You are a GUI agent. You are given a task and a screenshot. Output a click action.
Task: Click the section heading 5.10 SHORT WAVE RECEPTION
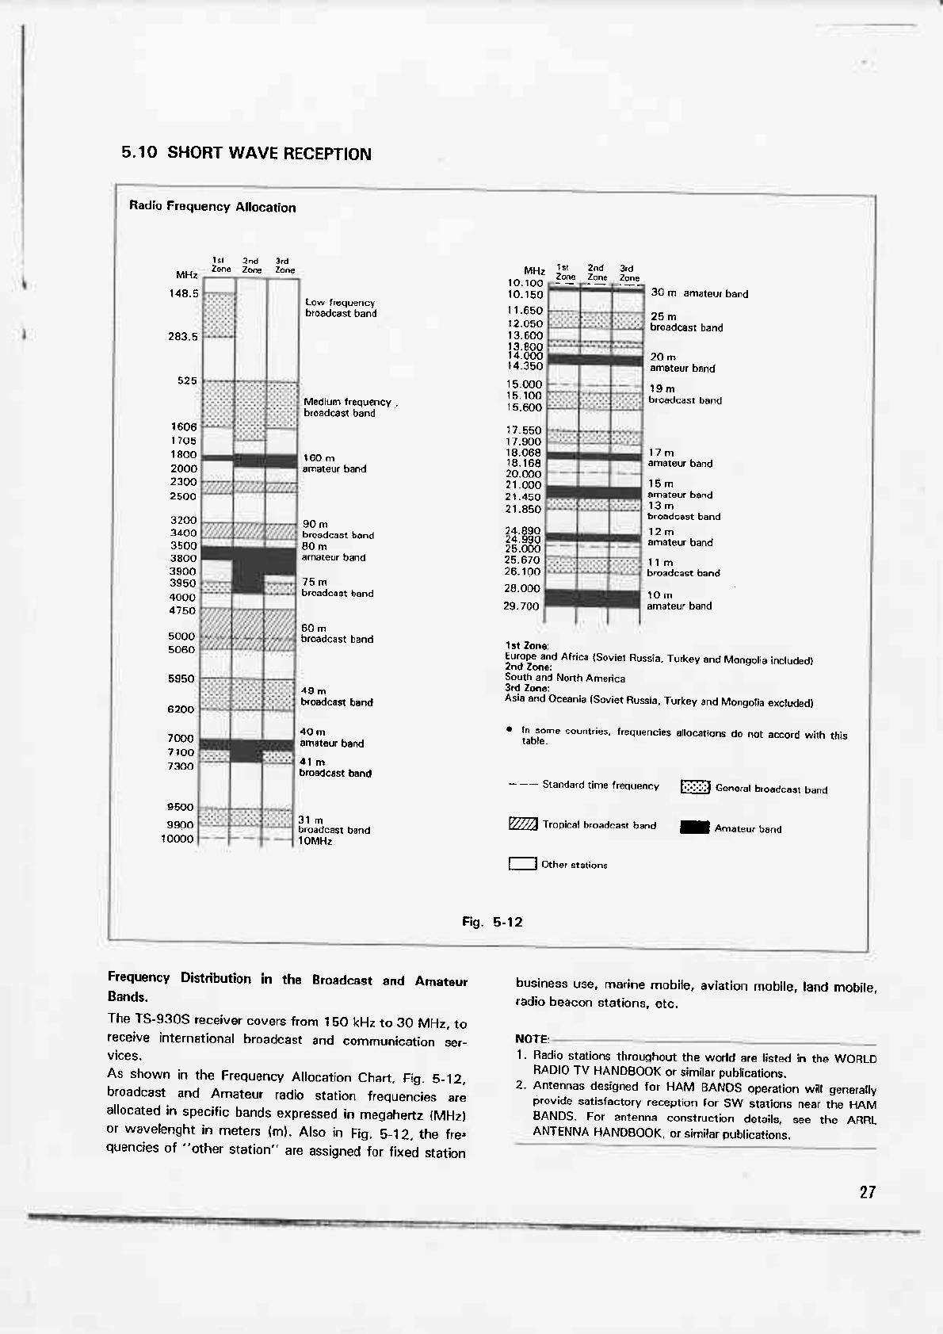coord(246,154)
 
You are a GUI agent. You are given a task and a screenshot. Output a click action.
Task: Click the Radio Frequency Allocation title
coord(212,208)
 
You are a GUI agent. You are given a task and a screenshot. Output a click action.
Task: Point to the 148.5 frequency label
coord(184,292)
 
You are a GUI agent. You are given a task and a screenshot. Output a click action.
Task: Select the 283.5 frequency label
coord(184,336)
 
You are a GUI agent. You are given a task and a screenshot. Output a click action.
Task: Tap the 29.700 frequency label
coord(521,606)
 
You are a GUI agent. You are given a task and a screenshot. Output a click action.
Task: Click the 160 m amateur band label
coord(334,464)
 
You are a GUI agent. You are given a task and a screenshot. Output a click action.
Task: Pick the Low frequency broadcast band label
coord(341,308)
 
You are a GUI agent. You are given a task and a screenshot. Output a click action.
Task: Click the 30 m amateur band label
coord(699,293)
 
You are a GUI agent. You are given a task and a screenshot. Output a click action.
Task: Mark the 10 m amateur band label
coord(678,601)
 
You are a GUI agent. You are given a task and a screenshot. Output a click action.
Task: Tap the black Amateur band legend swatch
coord(694,828)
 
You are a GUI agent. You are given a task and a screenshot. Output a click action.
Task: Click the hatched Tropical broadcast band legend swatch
coord(523,825)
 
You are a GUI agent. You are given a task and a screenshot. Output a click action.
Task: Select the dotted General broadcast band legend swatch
coord(695,788)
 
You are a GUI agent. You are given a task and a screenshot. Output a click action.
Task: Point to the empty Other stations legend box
coord(522,864)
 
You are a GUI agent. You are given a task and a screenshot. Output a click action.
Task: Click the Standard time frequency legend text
coord(600,785)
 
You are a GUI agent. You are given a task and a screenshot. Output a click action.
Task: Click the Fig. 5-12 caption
coord(492,922)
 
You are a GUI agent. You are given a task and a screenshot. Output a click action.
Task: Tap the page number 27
coord(867,1192)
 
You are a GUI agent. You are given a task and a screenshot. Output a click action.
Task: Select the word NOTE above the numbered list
coord(531,1038)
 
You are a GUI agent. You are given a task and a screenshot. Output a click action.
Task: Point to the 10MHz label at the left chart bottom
coord(315,841)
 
